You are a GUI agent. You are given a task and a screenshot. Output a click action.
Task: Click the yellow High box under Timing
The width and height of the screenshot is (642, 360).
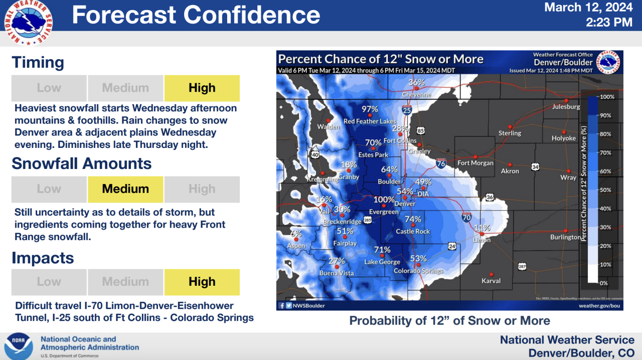click(202, 88)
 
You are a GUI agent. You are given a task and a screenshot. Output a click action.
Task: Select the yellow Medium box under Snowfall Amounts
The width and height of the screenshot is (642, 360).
click(125, 189)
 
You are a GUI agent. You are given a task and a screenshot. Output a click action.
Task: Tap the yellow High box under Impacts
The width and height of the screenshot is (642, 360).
click(202, 282)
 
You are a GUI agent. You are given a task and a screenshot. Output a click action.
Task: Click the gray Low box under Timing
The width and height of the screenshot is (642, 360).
click(49, 88)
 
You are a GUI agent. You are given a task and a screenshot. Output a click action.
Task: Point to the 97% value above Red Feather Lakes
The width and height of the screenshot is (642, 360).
click(370, 109)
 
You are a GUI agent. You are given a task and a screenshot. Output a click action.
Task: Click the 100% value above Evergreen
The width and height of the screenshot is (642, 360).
click(384, 200)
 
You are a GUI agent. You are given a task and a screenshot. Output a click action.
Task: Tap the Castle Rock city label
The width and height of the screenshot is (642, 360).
click(413, 231)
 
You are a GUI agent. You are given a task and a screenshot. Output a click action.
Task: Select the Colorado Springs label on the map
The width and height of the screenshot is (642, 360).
click(418, 271)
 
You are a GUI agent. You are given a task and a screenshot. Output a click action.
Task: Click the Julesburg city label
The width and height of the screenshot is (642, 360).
click(566, 107)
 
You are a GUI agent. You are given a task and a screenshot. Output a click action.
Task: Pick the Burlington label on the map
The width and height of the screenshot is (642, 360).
click(565, 237)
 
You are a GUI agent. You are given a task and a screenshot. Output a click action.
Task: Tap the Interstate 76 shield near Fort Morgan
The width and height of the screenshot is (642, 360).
click(441, 163)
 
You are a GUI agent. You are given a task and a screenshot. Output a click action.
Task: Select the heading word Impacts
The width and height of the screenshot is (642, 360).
click(43, 258)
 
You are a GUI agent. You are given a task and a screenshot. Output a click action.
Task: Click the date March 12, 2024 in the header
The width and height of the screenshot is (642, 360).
click(588, 8)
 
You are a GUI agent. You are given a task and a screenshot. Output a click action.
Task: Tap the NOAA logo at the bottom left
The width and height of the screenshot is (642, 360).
click(19, 346)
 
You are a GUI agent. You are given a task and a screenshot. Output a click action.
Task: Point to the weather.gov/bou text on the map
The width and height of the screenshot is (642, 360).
click(599, 305)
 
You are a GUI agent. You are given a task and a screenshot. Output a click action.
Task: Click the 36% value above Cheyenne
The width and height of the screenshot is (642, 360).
click(416, 83)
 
